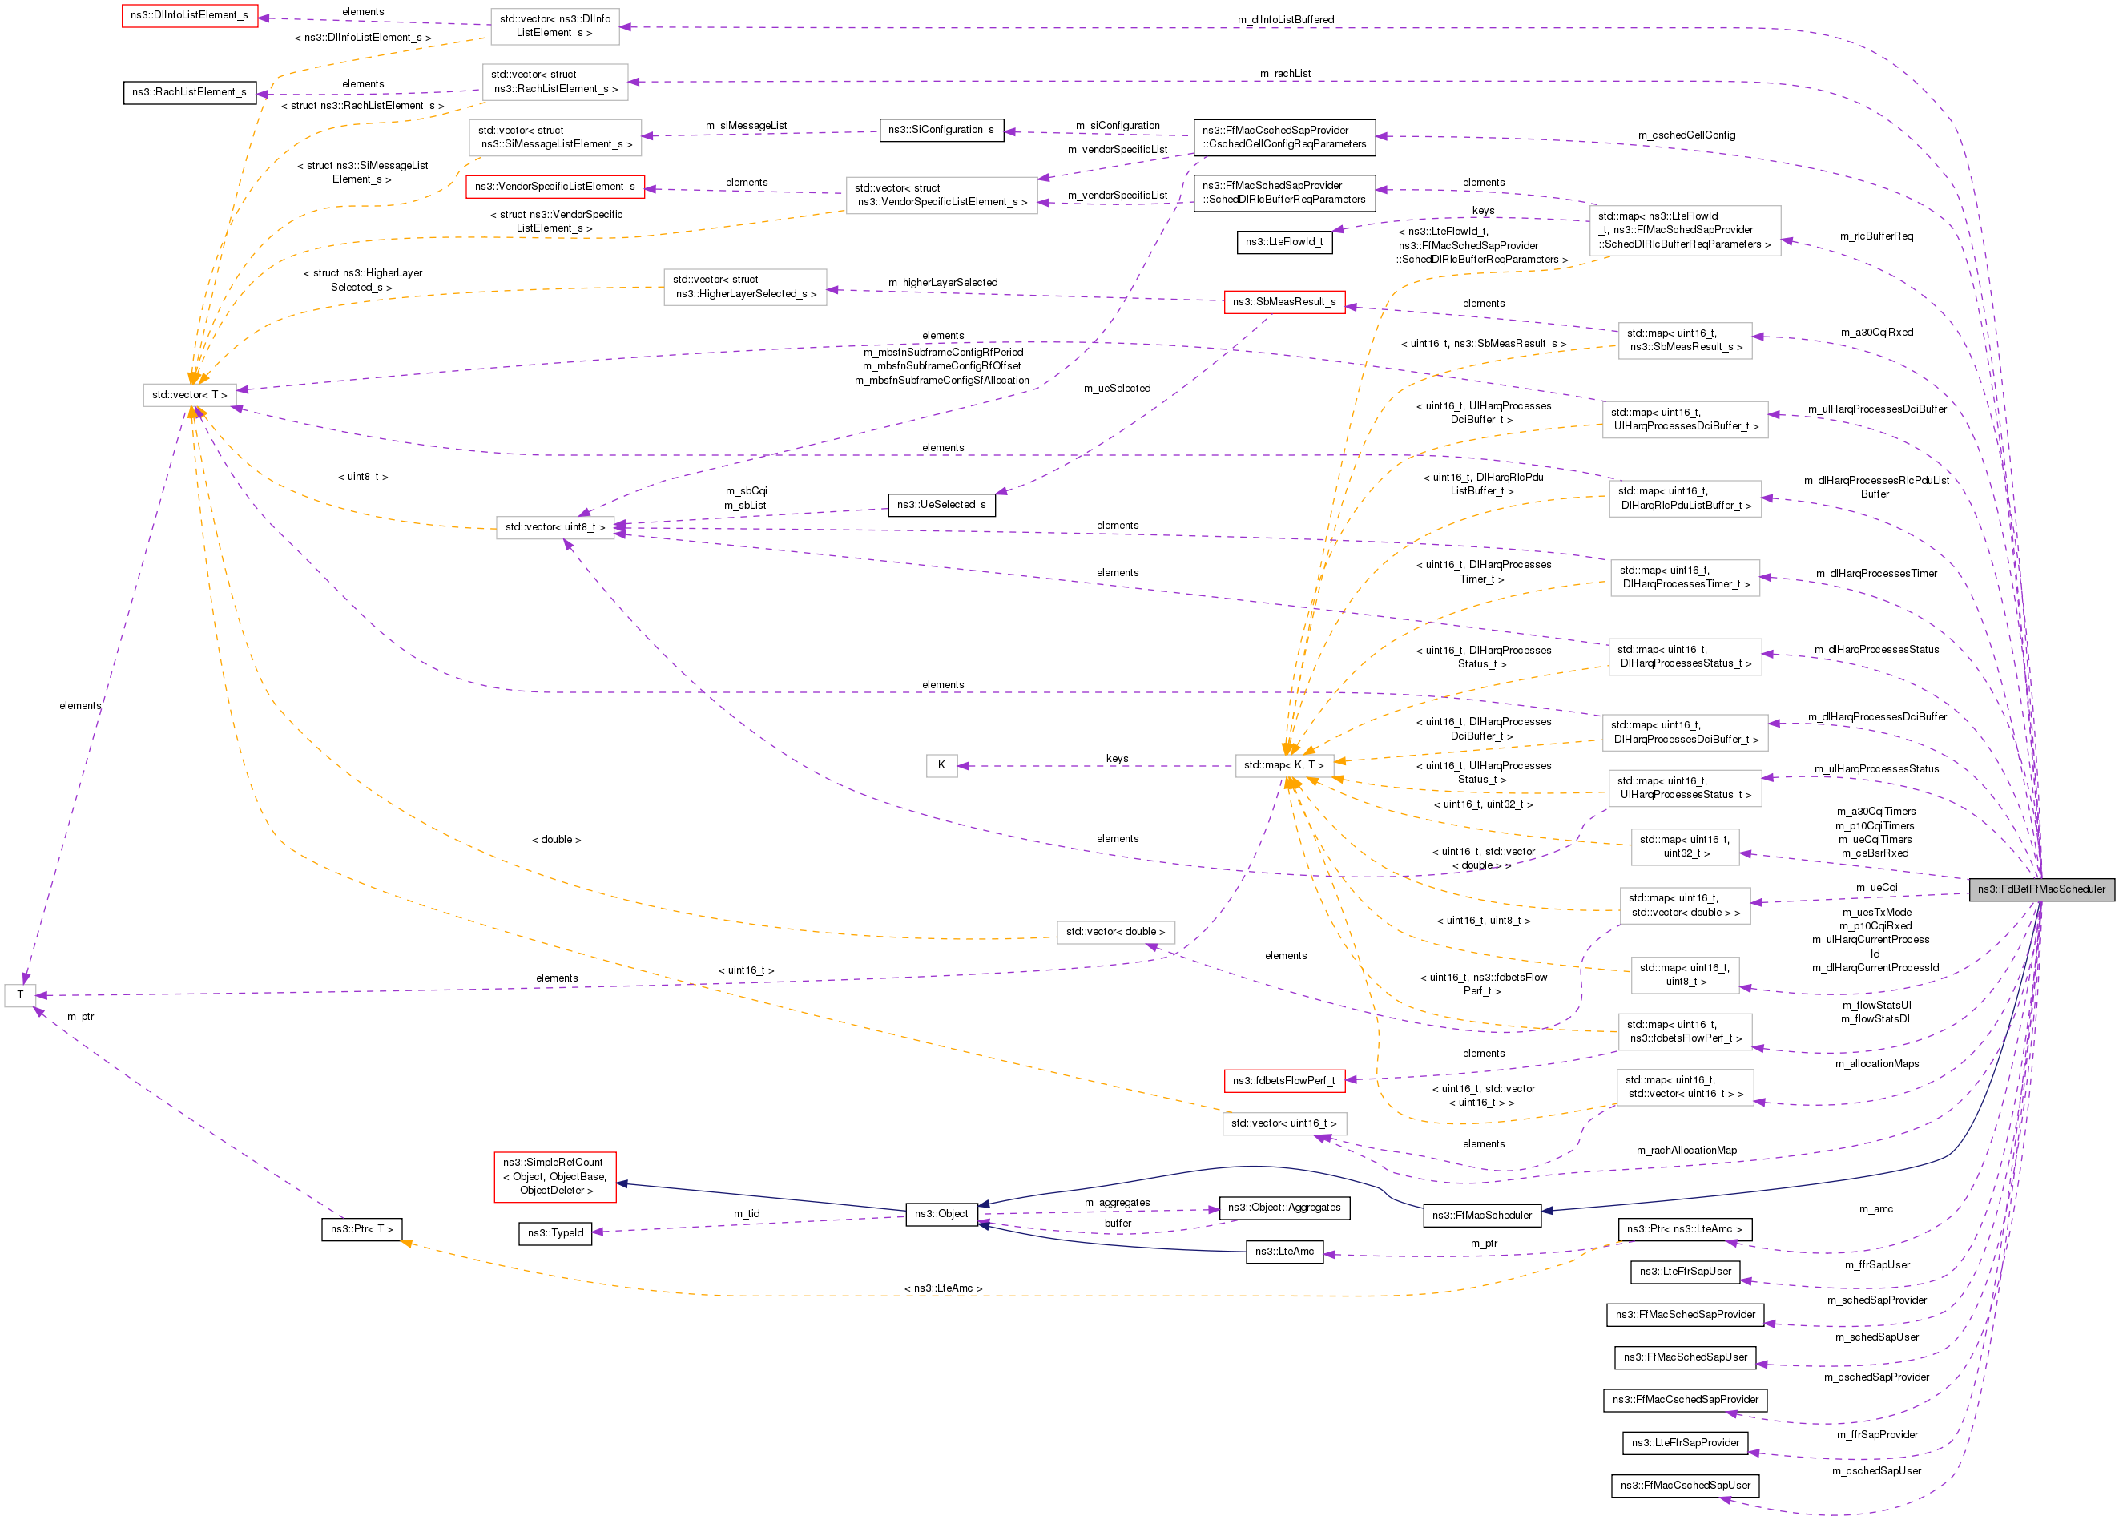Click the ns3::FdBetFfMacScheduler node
[x=2041, y=889]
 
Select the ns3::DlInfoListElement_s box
[x=190, y=15]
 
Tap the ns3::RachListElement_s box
[x=190, y=92]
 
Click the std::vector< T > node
[x=190, y=395]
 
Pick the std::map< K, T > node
[x=1283, y=765]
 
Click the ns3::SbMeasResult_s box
[x=1285, y=302]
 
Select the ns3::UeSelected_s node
[x=942, y=505]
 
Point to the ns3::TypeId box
[x=556, y=1233]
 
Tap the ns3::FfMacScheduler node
[x=1483, y=1216]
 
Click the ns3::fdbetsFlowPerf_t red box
[x=1285, y=1081]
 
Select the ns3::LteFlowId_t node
[x=1285, y=242]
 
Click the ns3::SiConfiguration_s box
[x=942, y=130]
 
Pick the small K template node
[x=942, y=765]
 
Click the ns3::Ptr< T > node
[x=361, y=1229]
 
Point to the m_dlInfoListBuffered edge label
[x=1286, y=19]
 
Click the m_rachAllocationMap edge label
[x=1686, y=1150]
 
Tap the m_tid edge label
[x=747, y=1214]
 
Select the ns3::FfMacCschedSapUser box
[x=1686, y=1486]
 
